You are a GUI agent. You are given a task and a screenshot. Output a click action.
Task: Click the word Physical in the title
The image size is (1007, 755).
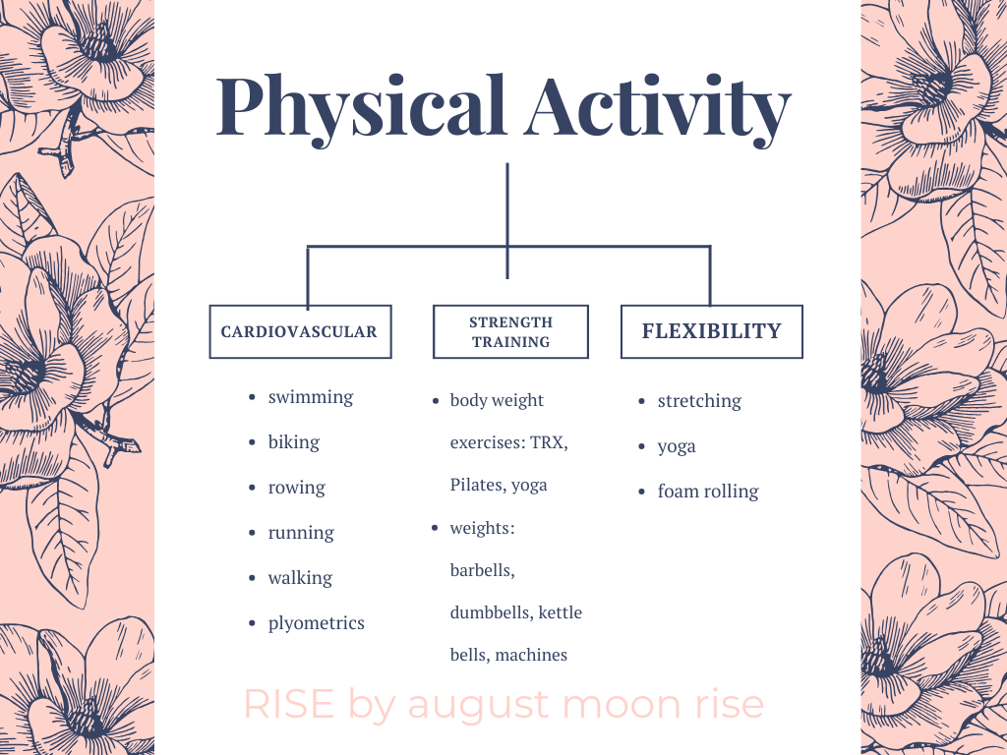(x=361, y=109)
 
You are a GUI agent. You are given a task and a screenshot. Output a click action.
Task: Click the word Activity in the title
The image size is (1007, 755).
(x=657, y=109)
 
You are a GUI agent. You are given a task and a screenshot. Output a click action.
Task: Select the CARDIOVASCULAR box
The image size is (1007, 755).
(x=301, y=331)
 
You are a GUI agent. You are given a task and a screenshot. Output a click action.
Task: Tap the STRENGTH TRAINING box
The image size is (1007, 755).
(x=510, y=331)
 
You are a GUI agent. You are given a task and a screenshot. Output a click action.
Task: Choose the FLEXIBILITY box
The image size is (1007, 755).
(x=712, y=331)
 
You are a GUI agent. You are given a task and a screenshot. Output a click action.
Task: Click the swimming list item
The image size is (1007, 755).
(x=311, y=398)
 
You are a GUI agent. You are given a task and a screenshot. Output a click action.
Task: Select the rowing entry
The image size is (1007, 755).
(x=297, y=489)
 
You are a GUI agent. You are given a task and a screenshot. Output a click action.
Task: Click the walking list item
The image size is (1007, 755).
(x=301, y=578)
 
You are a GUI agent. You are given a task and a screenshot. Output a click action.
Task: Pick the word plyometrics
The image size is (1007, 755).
(x=316, y=623)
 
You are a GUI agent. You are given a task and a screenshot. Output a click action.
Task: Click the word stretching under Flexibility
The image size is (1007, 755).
(x=699, y=402)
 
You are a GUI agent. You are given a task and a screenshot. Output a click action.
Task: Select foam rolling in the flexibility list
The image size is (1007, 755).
(x=708, y=492)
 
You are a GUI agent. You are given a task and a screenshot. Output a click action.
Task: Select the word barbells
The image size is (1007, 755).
(x=482, y=571)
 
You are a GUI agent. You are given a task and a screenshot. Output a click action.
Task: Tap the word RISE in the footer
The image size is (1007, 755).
(x=289, y=704)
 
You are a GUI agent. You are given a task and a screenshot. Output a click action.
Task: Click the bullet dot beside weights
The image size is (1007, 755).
(x=435, y=528)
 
